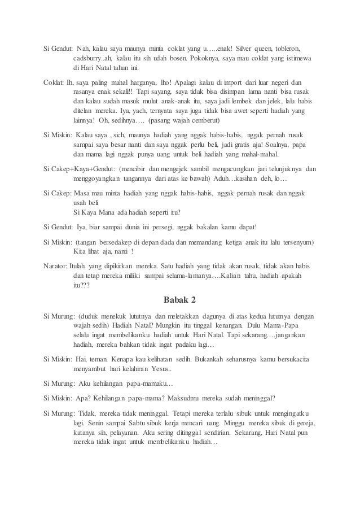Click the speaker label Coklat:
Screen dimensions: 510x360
coord(54,81)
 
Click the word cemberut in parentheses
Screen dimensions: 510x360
coord(204,122)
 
